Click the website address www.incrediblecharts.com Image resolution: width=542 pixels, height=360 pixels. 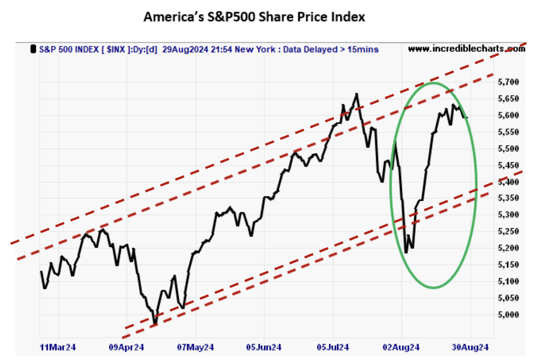[466, 48]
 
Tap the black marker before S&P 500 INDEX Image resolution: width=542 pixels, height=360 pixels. [33, 49]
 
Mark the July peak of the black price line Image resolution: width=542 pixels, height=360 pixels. [357, 94]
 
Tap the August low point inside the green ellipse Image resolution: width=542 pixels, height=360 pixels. [406, 252]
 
